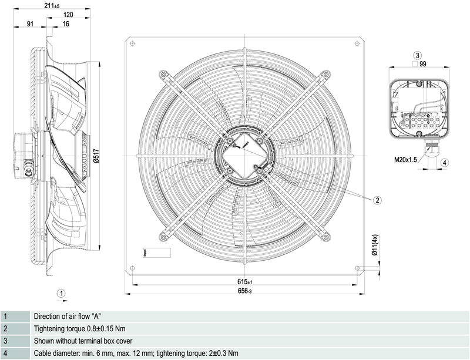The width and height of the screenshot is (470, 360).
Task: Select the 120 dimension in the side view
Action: coord(68,14)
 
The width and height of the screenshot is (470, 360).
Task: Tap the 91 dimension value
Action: coord(29,24)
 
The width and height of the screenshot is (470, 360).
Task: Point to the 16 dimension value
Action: coord(65,24)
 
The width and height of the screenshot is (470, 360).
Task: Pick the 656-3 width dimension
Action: coord(244,292)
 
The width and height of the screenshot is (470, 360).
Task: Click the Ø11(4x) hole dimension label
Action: coord(375,245)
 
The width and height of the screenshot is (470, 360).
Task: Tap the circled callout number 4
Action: coord(445,163)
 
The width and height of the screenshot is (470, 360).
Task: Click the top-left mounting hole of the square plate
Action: coord(132,43)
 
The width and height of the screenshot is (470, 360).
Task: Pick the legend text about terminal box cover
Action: coord(83,341)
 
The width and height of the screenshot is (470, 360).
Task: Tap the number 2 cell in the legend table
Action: coord(5,329)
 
